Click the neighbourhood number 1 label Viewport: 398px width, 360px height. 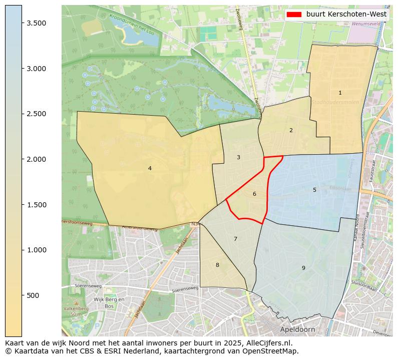pyautogui.click(x=340, y=93)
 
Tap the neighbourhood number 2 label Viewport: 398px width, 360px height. pyautogui.click(x=291, y=130)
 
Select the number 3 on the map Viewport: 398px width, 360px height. pyautogui.click(x=238, y=157)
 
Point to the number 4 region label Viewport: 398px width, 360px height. pyautogui.click(x=150, y=168)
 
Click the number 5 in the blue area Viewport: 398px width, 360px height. pyautogui.click(x=314, y=190)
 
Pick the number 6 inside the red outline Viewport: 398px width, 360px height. pyautogui.click(x=254, y=194)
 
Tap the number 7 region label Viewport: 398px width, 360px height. pyautogui.click(x=235, y=239)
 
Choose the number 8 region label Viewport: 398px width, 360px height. pyautogui.click(x=217, y=265)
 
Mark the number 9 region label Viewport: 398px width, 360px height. pyautogui.click(x=303, y=268)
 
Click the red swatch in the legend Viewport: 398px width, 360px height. pyautogui.click(x=294, y=14)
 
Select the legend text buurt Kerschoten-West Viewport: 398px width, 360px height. pyautogui.click(x=346, y=14)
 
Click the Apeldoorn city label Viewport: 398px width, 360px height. pyautogui.click(x=297, y=330)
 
